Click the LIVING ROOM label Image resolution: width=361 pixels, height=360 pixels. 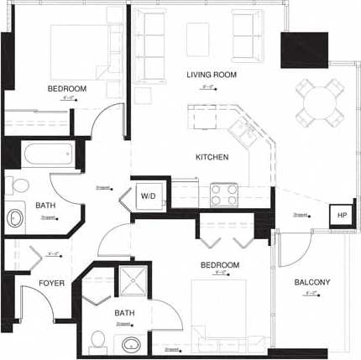point(212,76)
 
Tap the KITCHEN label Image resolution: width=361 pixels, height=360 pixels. point(212,157)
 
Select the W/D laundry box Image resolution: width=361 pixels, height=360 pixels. point(148,196)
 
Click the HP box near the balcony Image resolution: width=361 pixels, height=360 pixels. point(341,215)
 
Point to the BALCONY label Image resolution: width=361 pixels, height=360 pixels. point(312,283)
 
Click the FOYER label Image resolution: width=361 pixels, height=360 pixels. point(52,284)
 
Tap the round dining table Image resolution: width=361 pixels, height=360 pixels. point(320,104)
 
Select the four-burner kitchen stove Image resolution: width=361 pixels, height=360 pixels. point(224,195)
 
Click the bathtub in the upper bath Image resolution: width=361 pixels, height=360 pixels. point(48,154)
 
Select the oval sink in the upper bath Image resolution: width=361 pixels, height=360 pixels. point(16,218)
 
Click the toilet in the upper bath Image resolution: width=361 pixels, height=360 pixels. point(18,185)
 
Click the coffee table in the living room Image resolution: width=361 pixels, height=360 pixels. point(197,39)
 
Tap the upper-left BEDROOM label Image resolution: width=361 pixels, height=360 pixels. point(67,89)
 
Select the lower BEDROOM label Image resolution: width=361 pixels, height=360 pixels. point(220,265)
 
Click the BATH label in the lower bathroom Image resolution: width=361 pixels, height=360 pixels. point(124,313)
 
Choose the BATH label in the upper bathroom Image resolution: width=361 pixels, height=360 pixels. point(45,206)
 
